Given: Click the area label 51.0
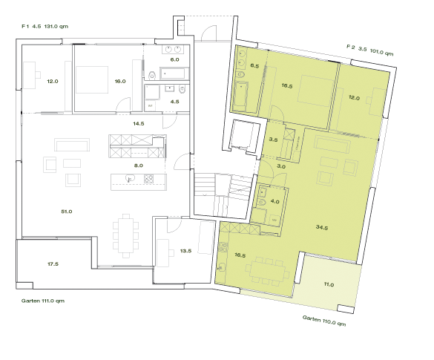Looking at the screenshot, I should [x=66, y=212].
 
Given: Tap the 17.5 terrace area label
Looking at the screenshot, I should [x=53, y=264].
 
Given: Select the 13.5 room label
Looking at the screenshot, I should [x=185, y=251].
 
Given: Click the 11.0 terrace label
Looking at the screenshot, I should [x=329, y=284].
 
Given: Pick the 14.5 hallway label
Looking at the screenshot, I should [x=139, y=123].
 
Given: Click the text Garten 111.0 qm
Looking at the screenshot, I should [x=44, y=301].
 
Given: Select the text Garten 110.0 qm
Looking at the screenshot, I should [x=324, y=321].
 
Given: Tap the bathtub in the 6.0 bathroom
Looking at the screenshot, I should [x=175, y=73].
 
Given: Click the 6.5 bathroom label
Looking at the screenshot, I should [x=254, y=67].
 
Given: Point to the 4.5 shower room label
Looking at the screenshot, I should [x=175, y=102].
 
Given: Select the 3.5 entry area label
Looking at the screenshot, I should [x=273, y=140].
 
